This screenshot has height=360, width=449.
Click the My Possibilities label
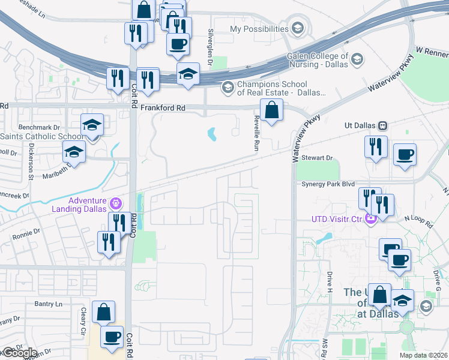259,29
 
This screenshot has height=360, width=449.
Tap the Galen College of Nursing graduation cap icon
357,59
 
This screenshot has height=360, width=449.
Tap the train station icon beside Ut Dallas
382,126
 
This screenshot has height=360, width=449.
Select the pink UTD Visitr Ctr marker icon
370,218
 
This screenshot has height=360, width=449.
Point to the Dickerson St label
31,165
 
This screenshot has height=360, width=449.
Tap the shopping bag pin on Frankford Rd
272,110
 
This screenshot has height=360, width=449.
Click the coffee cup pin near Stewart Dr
404,155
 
